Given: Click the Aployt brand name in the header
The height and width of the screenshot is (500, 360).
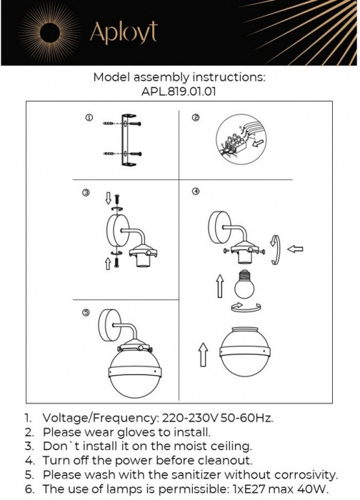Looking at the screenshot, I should [x=123, y=33].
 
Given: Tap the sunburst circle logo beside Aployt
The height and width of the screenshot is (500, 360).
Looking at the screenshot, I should [x=54, y=32].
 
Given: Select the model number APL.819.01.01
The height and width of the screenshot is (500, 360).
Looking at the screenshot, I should [x=179, y=91].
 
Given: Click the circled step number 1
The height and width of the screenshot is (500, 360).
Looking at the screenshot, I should [x=88, y=117].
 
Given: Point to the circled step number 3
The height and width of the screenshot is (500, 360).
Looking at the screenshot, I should [x=86, y=193].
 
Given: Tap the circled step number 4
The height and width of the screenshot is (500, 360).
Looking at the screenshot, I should [x=195, y=191].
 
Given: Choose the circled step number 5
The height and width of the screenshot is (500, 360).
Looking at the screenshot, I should [x=86, y=312].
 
